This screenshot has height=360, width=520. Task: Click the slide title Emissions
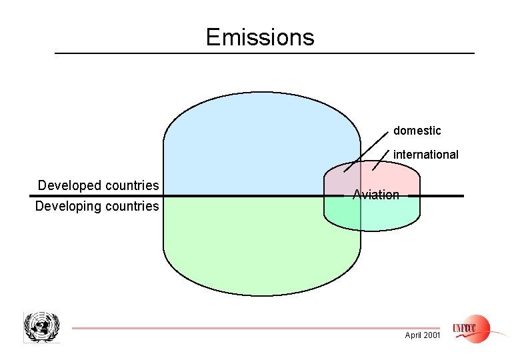tap(259, 37)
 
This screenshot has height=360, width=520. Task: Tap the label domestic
tap(417, 131)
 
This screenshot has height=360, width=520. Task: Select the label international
tap(426, 155)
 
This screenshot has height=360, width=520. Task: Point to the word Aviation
tap(376, 195)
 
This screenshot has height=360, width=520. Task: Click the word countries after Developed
tap(129, 185)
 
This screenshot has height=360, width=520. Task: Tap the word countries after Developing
tap(131, 206)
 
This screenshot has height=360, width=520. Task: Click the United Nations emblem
tap(41, 327)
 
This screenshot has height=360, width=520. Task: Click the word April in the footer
tap(414, 335)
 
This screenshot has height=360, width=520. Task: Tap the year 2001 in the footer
tap(432, 335)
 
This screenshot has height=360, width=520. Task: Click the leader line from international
tap(380, 160)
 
